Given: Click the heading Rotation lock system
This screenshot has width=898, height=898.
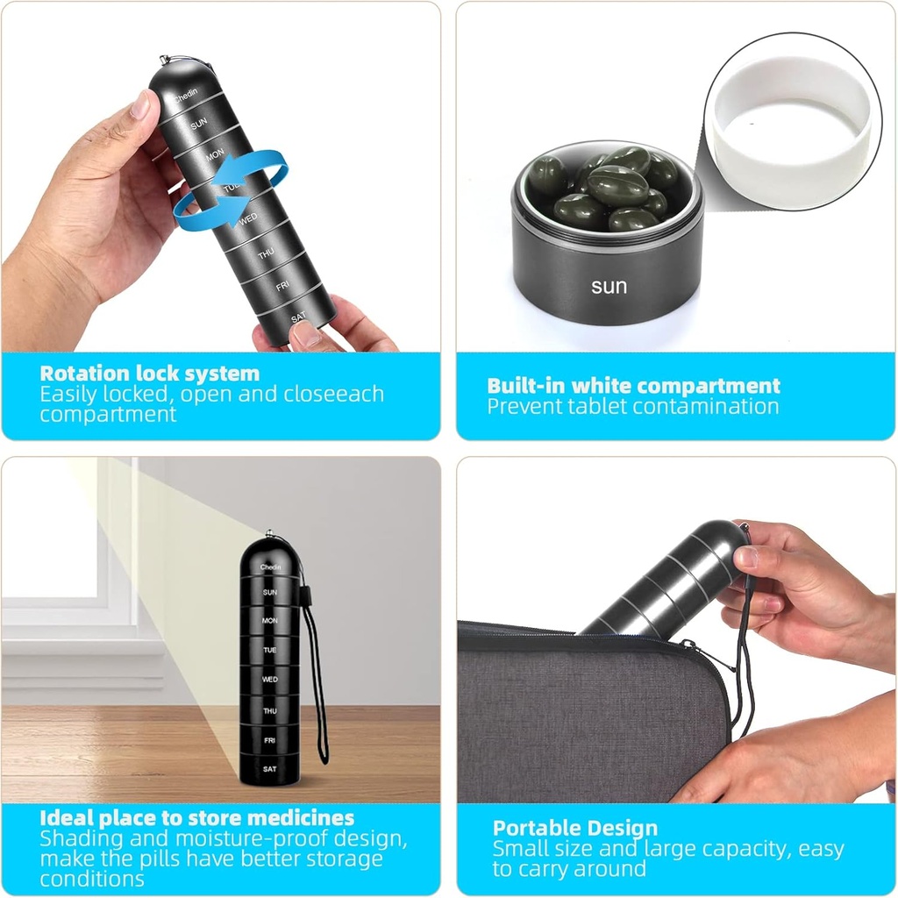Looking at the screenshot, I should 149,373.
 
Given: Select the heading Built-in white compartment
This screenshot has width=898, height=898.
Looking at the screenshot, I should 633,386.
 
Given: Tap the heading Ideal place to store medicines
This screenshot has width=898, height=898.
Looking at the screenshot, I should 196,819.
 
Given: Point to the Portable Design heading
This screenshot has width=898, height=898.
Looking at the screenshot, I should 574,829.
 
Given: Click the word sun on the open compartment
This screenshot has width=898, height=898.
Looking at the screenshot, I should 609,287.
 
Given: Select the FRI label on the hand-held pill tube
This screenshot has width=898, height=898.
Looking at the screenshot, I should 282,287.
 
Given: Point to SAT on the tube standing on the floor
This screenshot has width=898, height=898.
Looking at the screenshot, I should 269,769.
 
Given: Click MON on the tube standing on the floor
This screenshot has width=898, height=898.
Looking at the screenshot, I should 269,621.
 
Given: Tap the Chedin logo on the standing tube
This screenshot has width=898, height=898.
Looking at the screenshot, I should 270,568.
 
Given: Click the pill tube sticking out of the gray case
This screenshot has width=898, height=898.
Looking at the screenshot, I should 666,583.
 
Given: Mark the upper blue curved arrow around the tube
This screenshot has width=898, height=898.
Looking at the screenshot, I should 254,169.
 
